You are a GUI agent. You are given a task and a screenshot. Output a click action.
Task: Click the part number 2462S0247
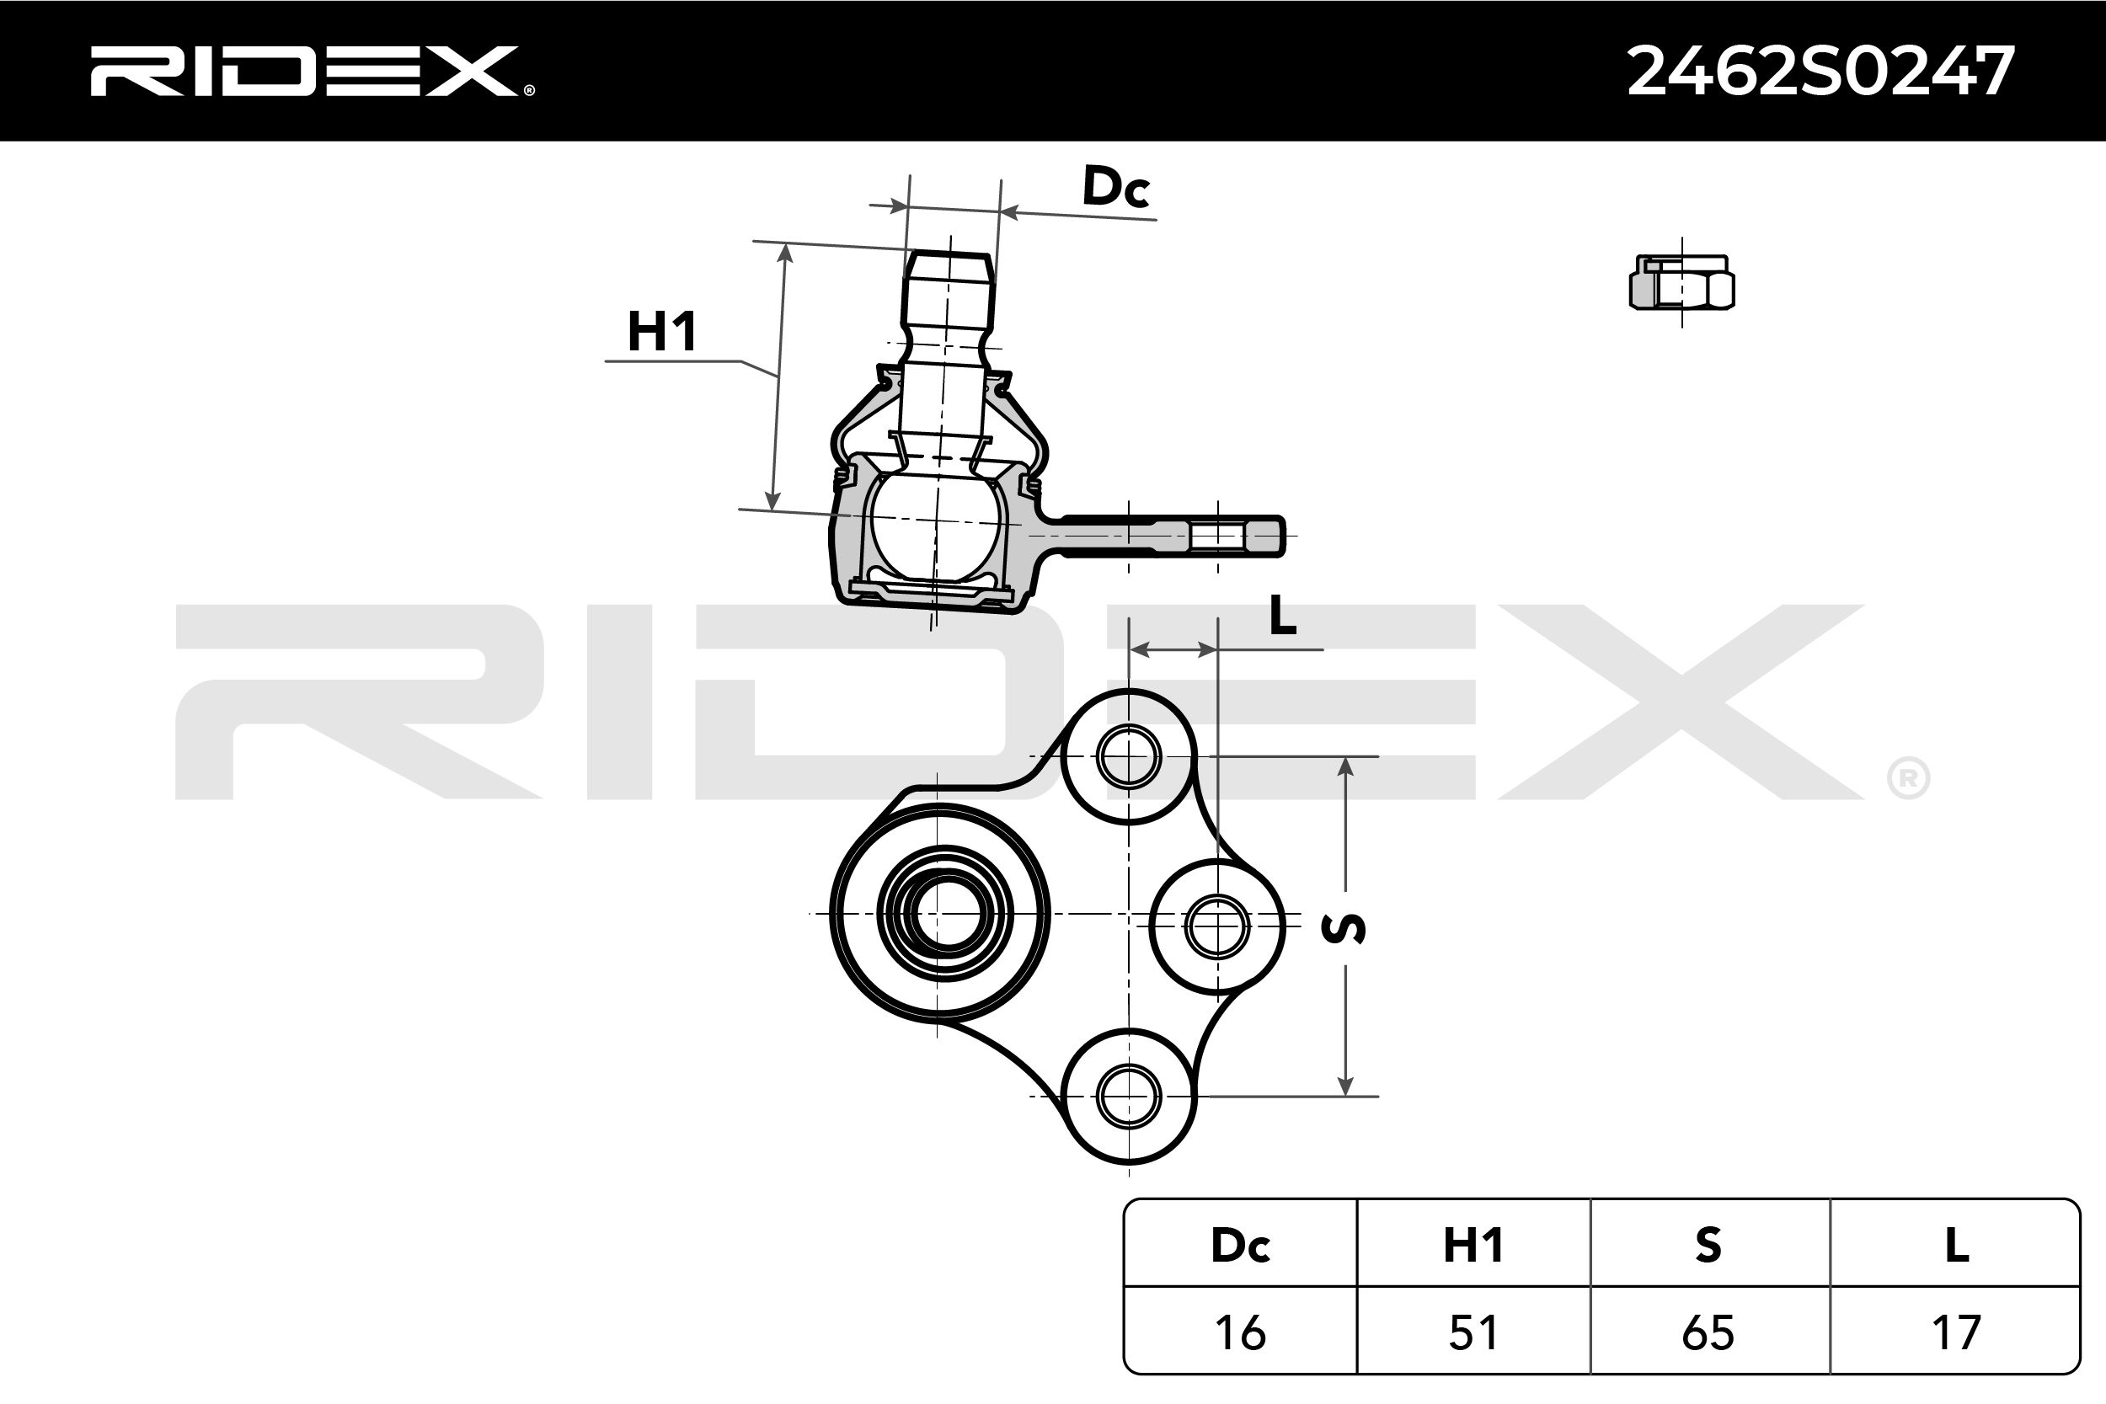[x=1820, y=72]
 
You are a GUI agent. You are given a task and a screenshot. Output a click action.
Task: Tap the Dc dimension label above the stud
[x=1114, y=186]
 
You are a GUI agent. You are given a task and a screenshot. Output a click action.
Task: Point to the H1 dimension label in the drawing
[x=662, y=331]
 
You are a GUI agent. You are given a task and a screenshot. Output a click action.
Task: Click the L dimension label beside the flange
[x=1283, y=614]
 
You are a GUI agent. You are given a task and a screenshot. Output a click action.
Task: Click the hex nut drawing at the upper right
[x=1681, y=284]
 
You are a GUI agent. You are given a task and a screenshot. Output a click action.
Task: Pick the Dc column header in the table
[x=1240, y=1245]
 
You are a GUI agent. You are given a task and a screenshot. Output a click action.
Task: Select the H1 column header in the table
[x=1473, y=1245]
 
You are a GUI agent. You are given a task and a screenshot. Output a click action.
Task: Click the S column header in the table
[x=1708, y=1245]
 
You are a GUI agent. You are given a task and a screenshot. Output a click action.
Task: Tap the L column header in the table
[x=1956, y=1245]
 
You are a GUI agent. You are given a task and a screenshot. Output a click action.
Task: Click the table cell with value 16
[x=1240, y=1332]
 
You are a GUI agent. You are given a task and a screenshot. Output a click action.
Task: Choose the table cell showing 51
[x=1473, y=1332]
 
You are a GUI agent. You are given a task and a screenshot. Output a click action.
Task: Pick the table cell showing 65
[x=1708, y=1332]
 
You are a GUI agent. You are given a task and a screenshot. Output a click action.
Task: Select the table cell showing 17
[x=1956, y=1332]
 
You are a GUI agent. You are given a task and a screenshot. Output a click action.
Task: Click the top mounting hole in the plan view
[x=1128, y=756]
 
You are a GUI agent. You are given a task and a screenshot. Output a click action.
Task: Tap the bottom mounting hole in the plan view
[x=1128, y=1095]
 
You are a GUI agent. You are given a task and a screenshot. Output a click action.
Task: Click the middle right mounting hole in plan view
[x=1216, y=926]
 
